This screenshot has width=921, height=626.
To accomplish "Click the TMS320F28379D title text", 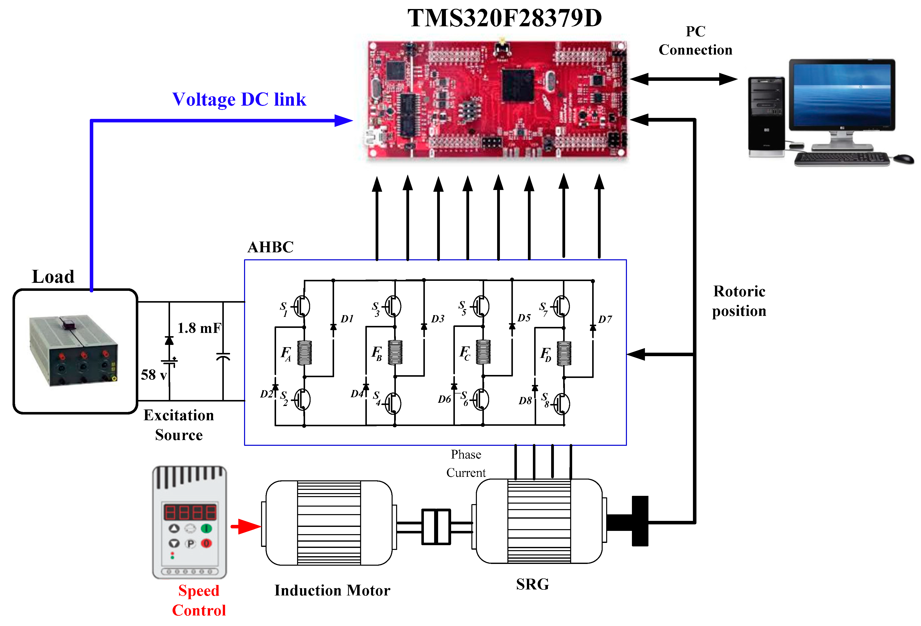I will point(504,18).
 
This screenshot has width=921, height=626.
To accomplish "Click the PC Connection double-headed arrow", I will point(684,79).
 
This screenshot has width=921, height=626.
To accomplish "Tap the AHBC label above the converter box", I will point(270,247).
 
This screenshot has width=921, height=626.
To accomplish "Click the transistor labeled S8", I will point(562,404).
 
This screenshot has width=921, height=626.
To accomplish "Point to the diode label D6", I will point(444,399).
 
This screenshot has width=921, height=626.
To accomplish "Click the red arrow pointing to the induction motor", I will point(247,526).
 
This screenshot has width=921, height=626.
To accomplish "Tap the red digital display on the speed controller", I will point(190,512).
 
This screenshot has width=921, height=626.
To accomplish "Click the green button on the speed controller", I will point(207,528).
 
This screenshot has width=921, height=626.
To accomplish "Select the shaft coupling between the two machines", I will point(436,526).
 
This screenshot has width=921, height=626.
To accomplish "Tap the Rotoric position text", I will point(739,301).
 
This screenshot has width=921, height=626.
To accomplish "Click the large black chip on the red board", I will point(518,85).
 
